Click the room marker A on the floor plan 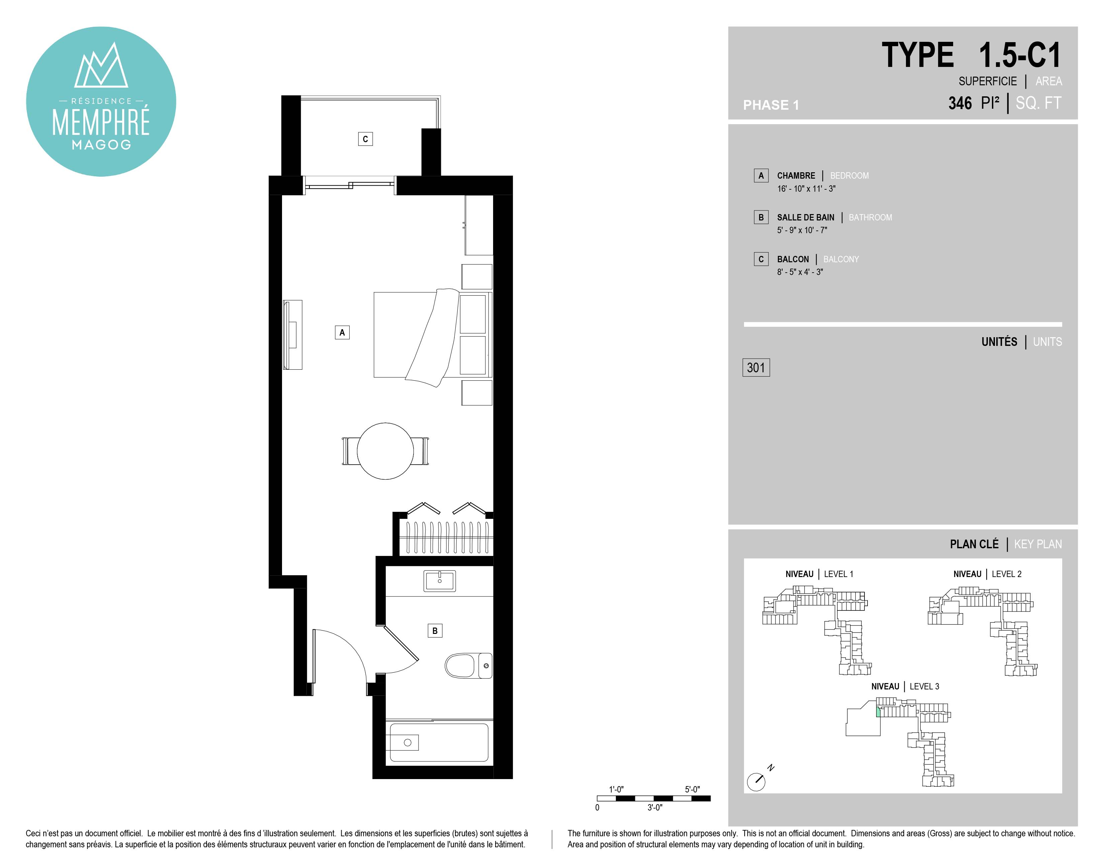pyautogui.click(x=342, y=333)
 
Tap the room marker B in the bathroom pyautogui.click(x=435, y=631)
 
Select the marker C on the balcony pyautogui.click(x=365, y=139)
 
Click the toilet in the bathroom pyautogui.click(x=468, y=666)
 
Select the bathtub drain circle pyautogui.click(x=407, y=742)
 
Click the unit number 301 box pyautogui.click(x=756, y=367)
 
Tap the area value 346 pyautogui.click(x=960, y=103)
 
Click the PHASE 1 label pyautogui.click(x=771, y=105)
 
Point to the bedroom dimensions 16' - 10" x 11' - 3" pyautogui.click(x=806, y=188)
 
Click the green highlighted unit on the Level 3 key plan pyautogui.click(x=879, y=712)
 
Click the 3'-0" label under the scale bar pyautogui.click(x=655, y=808)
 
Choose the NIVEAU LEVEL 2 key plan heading pyautogui.click(x=987, y=574)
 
